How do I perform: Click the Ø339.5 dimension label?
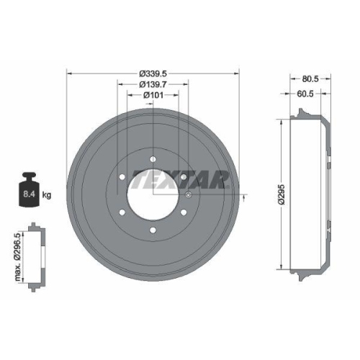(153, 73)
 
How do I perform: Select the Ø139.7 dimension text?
(153, 84)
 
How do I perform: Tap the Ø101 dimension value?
(153, 95)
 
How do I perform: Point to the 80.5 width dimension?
(310, 78)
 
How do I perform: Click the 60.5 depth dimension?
(305, 94)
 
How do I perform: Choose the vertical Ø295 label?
(281, 194)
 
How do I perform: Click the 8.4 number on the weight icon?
(30, 194)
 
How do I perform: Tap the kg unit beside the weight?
(47, 195)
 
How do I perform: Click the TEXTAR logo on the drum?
(180, 179)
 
